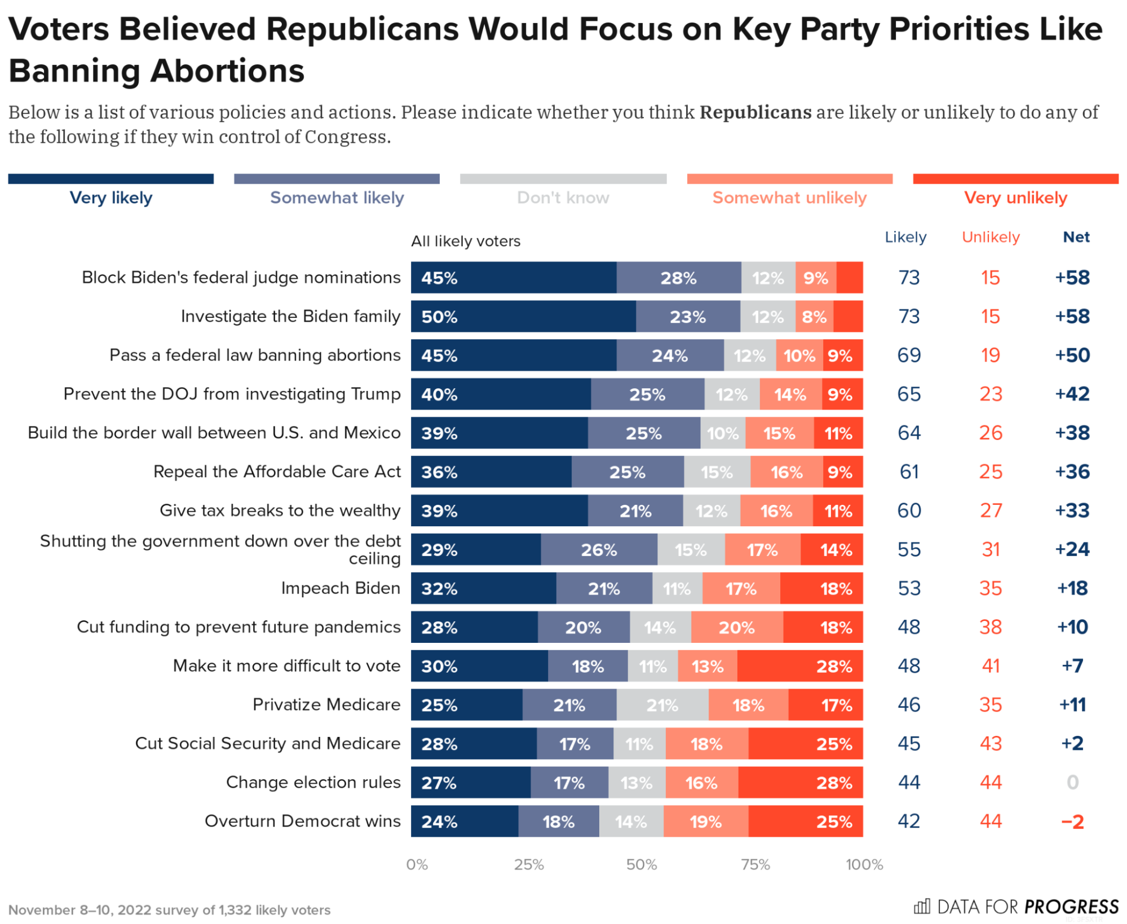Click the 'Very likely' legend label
(x=111, y=198)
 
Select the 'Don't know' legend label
(x=563, y=198)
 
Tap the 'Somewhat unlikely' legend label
(x=789, y=198)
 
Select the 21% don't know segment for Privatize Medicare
(x=662, y=705)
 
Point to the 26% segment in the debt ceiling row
(x=599, y=550)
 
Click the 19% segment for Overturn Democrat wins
(x=706, y=821)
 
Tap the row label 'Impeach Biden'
(x=341, y=588)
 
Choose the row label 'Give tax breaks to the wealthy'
(x=280, y=510)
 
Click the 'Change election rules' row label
(x=313, y=783)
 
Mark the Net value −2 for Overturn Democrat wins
(x=1072, y=821)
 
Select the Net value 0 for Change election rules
(x=1072, y=783)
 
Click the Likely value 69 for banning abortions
(x=909, y=356)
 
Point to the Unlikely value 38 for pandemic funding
(x=991, y=627)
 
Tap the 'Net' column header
(x=1076, y=237)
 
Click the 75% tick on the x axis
(x=755, y=865)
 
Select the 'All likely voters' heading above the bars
(x=466, y=241)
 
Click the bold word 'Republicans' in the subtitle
(x=755, y=112)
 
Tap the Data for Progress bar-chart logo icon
(x=922, y=907)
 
